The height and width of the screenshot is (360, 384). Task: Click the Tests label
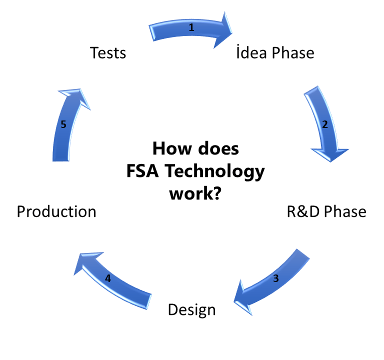pos(108,52)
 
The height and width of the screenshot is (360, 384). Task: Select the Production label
pos(56,211)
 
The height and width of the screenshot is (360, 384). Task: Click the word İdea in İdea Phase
pos(253,52)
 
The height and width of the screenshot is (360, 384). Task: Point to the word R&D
pos(303,211)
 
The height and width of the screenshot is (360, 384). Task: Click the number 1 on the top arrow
pos(191,28)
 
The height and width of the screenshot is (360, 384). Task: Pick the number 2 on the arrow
pos(324,125)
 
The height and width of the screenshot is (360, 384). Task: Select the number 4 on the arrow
pos(108,279)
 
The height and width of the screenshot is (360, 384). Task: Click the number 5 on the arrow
pos(63,125)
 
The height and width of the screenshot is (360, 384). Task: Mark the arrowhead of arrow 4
pos(85,264)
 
